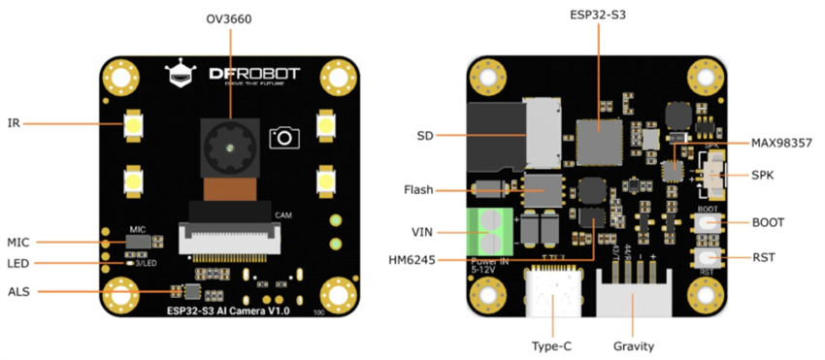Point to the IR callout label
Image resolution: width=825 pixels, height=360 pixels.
pos(14,123)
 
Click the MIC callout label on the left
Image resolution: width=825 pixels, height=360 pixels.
pos(18,242)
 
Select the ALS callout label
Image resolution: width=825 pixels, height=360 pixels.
pos(18,291)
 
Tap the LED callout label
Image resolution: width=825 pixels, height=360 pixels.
pos(18,263)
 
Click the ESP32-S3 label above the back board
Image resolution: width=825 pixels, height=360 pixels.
pos(599,16)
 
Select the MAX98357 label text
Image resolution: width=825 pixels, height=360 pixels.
pos(781,144)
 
